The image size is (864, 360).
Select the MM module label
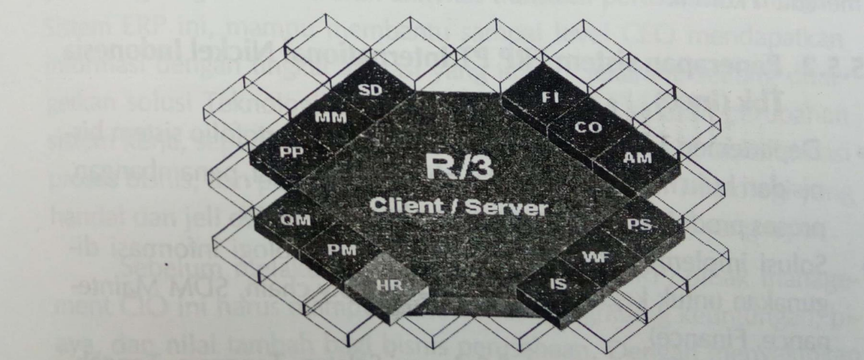pyautogui.click(x=331, y=118)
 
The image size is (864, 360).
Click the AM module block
pyautogui.click(x=637, y=158)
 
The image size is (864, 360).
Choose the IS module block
pyautogui.click(x=557, y=284)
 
